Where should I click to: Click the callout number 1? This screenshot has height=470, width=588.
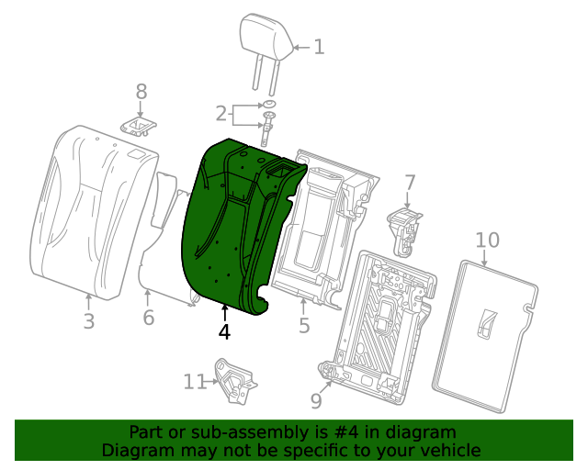pyautogui.click(x=319, y=47)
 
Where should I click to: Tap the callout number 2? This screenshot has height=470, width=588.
pyautogui.click(x=220, y=114)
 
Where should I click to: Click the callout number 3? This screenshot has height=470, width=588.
pyautogui.click(x=88, y=321)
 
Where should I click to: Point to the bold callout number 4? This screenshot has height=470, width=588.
pyautogui.click(x=224, y=331)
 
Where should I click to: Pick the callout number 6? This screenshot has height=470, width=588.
pyautogui.click(x=148, y=319)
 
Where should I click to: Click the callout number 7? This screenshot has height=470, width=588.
pyautogui.click(x=410, y=183)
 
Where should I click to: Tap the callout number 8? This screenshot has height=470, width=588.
pyautogui.click(x=141, y=92)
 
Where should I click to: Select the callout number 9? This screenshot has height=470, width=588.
pyautogui.click(x=316, y=399)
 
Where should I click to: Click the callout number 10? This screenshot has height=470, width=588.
pyautogui.click(x=487, y=241)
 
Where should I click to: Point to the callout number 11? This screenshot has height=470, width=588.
pyautogui.click(x=195, y=381)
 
